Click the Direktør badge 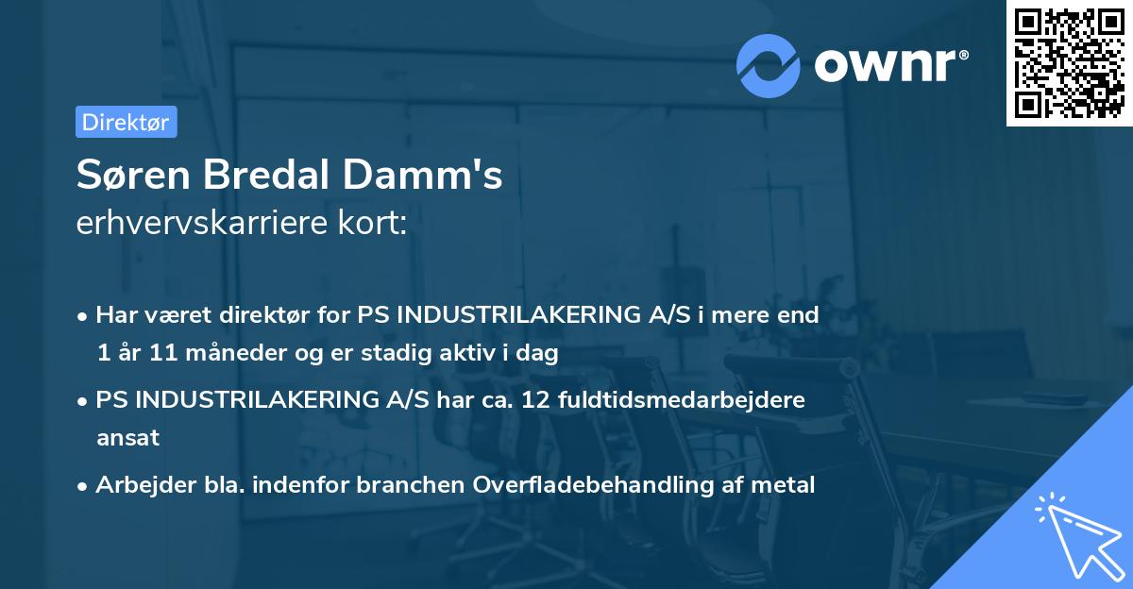point(126,122)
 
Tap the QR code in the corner point(1069,63)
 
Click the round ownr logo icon point(769,65)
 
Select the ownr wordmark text point(888,65)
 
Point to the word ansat point(127,438)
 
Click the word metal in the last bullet point(782,484)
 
